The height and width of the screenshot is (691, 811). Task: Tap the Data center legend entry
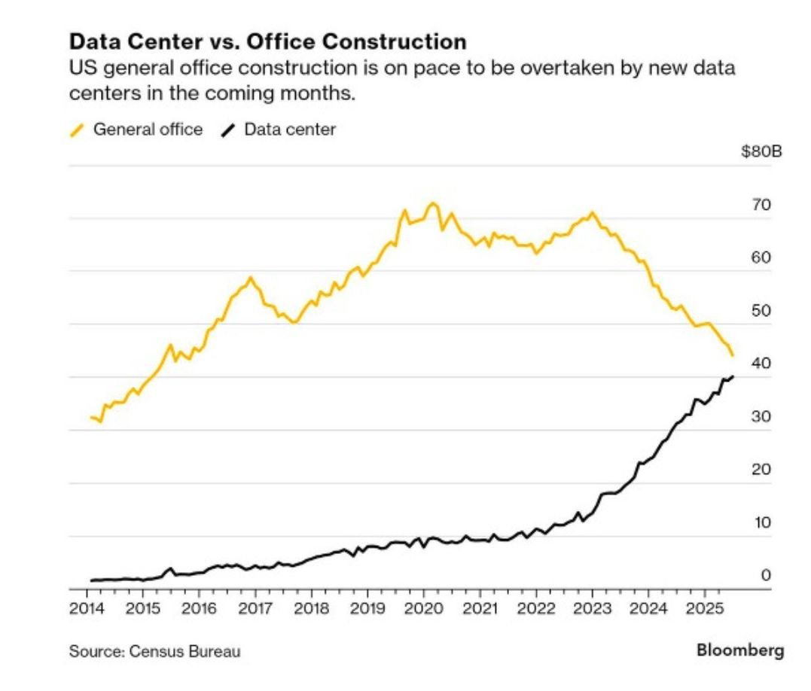(x=289, y=129)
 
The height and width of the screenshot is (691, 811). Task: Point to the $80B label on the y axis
(x=761, y=152)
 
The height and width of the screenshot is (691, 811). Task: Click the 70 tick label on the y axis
(x=761, y=205)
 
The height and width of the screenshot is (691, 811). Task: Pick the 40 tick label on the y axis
(x=761, y=364)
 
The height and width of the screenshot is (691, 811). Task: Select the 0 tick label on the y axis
(x=765, y=576)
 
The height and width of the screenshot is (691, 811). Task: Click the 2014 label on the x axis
(x=86, y=608)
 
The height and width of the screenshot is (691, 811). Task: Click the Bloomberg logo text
(x=739, y=650)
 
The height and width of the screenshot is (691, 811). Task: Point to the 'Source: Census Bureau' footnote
(x=155, y=651)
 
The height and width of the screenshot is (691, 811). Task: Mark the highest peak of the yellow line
(x=432, y=203)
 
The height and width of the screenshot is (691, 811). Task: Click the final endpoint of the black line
(x=733, y=376)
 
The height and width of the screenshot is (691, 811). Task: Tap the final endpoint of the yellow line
(x=733, y=355)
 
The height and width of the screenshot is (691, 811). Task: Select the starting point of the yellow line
(x=91, y=417)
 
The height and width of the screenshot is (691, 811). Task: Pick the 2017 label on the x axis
(x=255, y=608)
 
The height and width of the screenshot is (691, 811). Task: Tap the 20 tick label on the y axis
(x=761, y=470)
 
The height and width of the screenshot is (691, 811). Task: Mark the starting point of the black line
(x=91, y=580)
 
